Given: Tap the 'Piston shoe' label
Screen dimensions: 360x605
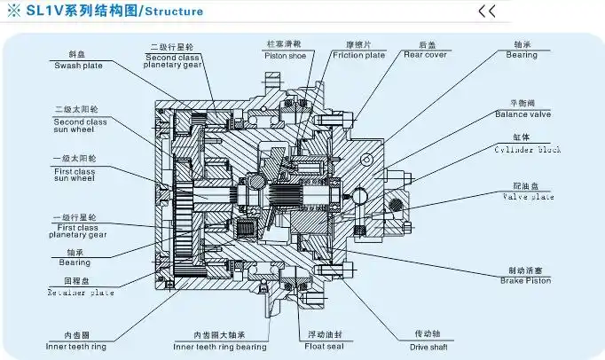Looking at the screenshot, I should point(286,54).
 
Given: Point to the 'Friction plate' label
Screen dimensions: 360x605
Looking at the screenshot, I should point(359,54).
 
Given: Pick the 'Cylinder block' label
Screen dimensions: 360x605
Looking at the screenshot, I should point(524,151).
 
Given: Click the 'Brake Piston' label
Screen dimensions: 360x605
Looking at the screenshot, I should point(524,280).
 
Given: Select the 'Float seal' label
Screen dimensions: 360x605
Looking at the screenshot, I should point(325,345).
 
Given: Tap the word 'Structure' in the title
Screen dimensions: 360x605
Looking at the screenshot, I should point(174,12).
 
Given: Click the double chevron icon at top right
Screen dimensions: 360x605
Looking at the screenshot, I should point(487,12).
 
